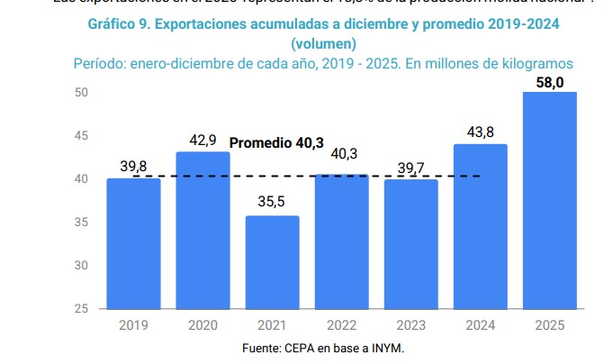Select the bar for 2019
[x=133, y=243]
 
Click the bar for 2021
[x=272, y=261]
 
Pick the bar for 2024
[x=480, y=226]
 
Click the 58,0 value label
[x=549, y=83]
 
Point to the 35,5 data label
[x=272, y=202]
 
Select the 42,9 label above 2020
[x=203, y=141]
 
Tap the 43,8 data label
[x=480, y=132]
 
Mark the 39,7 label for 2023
[x=410, y=168]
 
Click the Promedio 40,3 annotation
[x=276, y=142]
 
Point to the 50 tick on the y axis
[x=81, y=93]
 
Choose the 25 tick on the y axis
[x=81, y=309]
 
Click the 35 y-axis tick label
[x=81, y=223]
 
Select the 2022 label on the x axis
[x=341, y=324]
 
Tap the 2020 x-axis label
[x=203, y=324]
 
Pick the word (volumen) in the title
[x=323, y=43]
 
